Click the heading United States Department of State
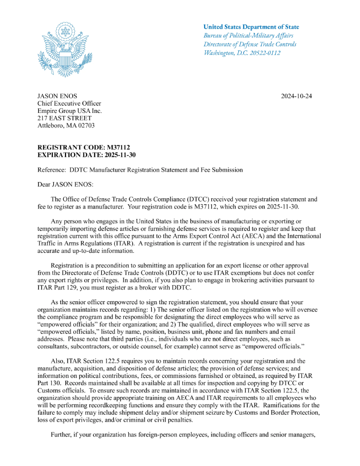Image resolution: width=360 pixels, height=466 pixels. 251,27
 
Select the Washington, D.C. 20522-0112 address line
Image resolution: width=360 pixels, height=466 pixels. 242,53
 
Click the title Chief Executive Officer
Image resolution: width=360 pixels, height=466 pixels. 69,104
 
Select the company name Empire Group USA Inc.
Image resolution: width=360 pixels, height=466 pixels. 70,111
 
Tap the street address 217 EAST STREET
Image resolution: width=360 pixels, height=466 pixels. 65,118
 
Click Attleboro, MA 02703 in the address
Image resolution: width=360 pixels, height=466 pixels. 66,126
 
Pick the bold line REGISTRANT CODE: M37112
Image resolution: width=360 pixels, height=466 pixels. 84,147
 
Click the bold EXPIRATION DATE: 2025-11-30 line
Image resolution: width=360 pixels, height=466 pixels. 87,155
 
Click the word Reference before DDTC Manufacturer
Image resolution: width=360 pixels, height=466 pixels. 52,170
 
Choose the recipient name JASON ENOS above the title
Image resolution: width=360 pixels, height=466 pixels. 57,96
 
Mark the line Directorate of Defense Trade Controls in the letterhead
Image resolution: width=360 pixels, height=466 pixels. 250,44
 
